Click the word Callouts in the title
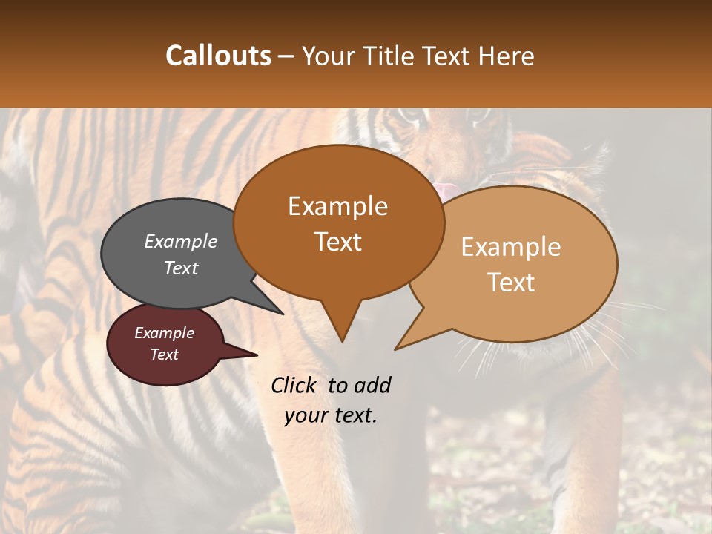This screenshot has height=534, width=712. coord(218,56)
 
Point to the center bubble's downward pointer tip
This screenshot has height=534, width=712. coord(342,340)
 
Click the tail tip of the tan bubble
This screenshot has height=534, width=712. coord(396,348)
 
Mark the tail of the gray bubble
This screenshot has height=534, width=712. coord(281,312)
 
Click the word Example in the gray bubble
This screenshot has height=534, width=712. coord(181,241)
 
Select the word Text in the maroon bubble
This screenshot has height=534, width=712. coord(165,355)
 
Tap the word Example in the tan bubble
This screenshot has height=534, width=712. coord(511,247)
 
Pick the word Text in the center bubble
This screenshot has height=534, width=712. coord(338,241)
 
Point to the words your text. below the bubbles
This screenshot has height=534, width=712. coord(331,415)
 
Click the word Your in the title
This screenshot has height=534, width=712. coord(329,56)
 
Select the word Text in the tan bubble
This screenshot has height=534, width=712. coord(511,282)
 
